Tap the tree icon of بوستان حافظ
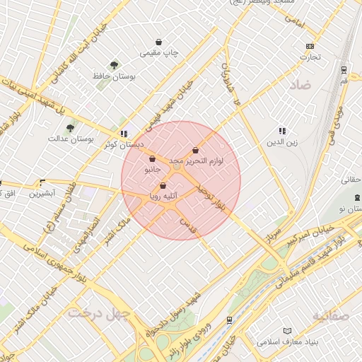115,65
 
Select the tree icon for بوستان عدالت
70,129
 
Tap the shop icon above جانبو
153,160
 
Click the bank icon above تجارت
309,47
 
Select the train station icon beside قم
344,70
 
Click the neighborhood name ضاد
300,86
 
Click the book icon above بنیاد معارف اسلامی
286,331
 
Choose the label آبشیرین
42,192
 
